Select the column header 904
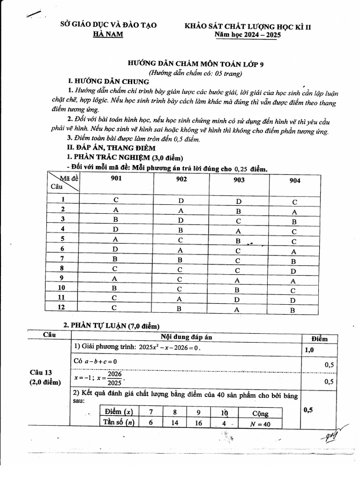pos(295,180)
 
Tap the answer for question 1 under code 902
pos(181,201)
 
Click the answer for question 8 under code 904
pos(293,271)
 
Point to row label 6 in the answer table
pos(62,248)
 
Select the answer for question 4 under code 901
pos(116,229)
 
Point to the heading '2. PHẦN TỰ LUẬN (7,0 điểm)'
pos(112,325)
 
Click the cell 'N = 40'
pos(260,424)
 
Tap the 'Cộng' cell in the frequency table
pos(260,413)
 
